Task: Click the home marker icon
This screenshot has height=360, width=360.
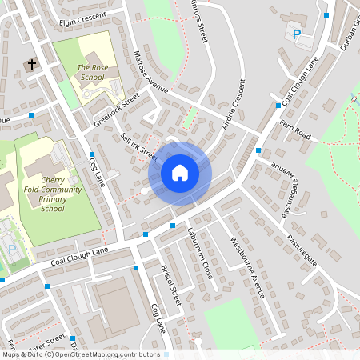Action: (180, 172)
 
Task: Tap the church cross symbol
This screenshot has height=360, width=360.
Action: (31, 65)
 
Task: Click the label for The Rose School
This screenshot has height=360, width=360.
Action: (92, 73)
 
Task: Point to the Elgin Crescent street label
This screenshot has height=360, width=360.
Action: (82, 22)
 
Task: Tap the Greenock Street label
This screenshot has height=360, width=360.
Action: (116, 110)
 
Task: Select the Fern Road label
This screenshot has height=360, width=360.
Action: (295, 129)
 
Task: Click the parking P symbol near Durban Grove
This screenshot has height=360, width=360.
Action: (297, 34)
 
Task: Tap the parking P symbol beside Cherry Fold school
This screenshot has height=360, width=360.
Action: (12, 250)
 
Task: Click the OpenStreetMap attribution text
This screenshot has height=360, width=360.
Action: (81, 354)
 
